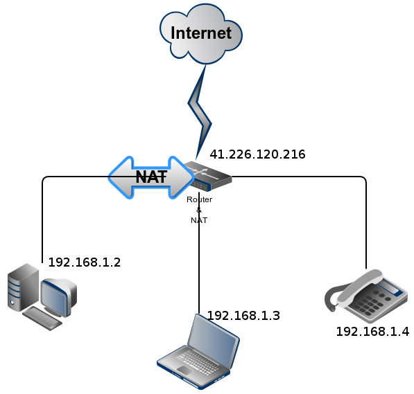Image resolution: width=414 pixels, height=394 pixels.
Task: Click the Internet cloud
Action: point(201,34)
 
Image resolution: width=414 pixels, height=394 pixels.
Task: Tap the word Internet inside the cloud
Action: point(201,33)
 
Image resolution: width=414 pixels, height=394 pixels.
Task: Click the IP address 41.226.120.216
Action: point(257,154)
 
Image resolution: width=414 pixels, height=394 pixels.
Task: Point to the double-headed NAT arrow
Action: point(151,177)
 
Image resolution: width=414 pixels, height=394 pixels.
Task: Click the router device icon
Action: point(209,176)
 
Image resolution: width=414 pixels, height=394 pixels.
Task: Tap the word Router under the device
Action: point(199,199)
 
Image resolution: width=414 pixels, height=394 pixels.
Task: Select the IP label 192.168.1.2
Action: point(85,262)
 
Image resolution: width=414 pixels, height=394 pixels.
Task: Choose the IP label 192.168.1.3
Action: point(243,316)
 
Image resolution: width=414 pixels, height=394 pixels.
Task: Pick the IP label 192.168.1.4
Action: point(372,332)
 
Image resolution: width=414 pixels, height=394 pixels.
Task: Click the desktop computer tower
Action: point(23,287)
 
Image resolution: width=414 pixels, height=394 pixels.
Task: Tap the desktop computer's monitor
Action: point(59,297)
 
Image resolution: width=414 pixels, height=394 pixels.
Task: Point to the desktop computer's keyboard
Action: point(42,319)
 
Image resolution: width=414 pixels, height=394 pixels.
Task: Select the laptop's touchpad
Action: point(185,370)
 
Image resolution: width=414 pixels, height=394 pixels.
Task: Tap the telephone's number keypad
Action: point(371,303)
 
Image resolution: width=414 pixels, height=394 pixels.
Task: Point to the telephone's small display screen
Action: point(390,288)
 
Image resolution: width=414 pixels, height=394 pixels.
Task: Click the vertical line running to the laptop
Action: point(199,253)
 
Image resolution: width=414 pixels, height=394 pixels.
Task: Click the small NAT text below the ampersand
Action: point(199,220)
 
